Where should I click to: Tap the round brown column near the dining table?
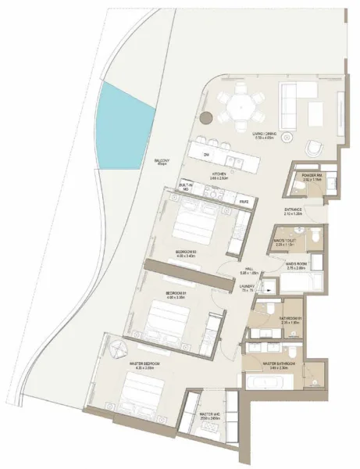(x=206, y=118)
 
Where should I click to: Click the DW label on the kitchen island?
(x=206, y=156)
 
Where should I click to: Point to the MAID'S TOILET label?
(x=284, y=241)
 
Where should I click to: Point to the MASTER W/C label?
(x=209, y=414)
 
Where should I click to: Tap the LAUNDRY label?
(x=249, y=286)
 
